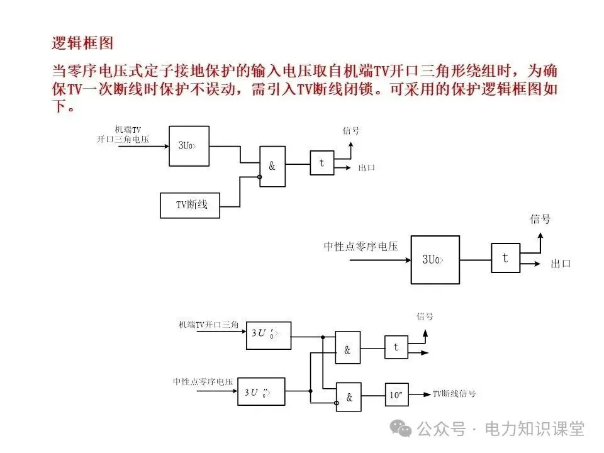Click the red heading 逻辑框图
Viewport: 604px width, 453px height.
point(82,43)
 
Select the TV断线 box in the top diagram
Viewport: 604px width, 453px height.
point(191,205)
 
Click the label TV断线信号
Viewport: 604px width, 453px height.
point(454,394)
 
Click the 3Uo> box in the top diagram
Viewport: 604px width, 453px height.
point(189,145)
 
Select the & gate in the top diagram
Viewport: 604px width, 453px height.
point(272,166)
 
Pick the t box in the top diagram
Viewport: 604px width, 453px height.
point(322,163)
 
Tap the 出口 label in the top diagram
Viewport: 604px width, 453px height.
point(367,168)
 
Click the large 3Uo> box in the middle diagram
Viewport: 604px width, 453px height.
point(433,259)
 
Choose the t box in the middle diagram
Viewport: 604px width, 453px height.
point(505,258)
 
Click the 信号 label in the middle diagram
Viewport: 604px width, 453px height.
point(540,219)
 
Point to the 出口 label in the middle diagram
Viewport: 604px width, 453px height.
point(560,264)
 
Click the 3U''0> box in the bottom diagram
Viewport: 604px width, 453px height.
point(261,392)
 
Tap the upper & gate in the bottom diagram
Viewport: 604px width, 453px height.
point(347,347)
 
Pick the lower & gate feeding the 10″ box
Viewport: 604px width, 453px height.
point(348,396)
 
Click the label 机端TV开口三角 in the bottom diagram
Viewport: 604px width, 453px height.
point(208,325)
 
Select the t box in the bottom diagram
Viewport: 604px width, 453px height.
point(396,347)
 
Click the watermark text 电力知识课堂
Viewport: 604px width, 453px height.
point(534,429)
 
